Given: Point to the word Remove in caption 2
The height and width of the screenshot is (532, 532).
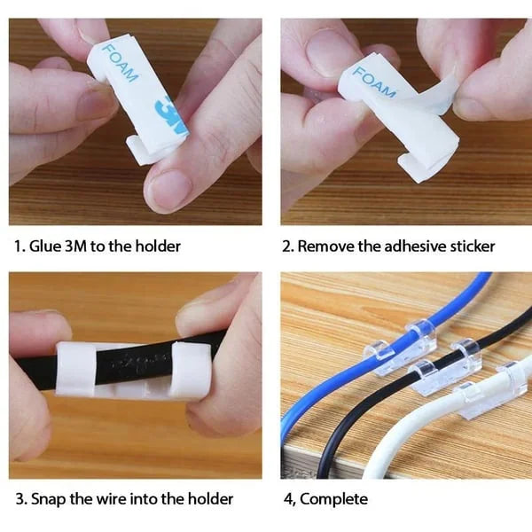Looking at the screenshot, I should [x=325, y=246].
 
